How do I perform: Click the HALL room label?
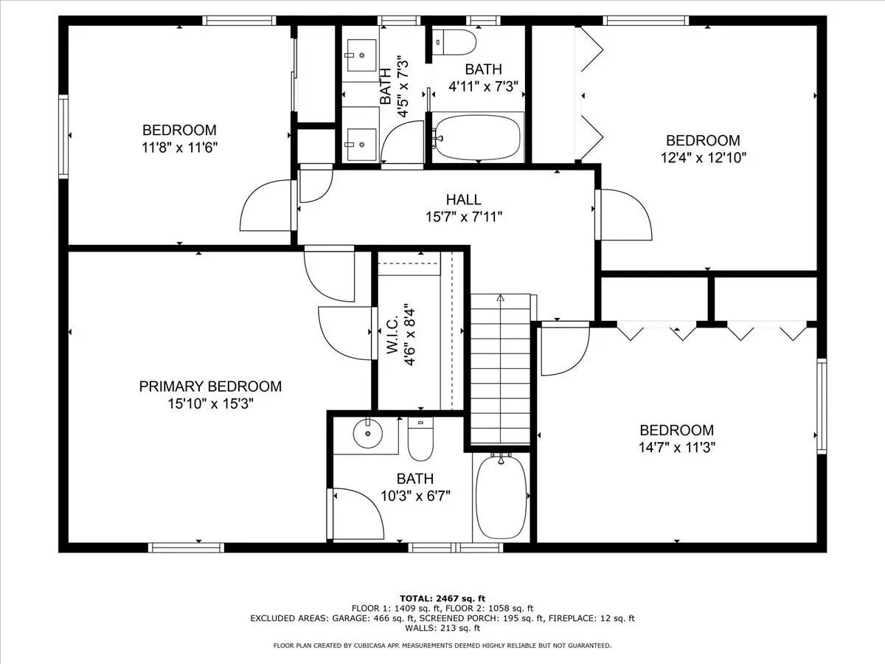click(x=463, y=199)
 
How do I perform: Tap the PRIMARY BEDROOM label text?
click(x=210, y=386)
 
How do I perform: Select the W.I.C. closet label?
click(x=392, y=335)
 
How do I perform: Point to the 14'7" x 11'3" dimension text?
click(x=677, y=448)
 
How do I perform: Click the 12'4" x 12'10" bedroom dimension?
click(x=703, y=158)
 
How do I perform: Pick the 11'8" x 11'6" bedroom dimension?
click(x=179, y=148)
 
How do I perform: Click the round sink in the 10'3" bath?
click(x=367, y=434)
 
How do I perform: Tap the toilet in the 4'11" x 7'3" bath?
click(x=454, y=42)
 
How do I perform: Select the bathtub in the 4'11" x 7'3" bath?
click(x=478, y=137)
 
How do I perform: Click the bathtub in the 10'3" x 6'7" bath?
click(x=502, y=497)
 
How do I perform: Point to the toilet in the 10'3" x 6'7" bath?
click(x=420, y=439)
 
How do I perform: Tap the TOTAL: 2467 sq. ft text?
click(x=442, y=598)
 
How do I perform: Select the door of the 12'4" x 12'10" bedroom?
click(x=624, y=215)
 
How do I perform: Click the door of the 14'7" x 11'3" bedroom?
click(x=565, y=349)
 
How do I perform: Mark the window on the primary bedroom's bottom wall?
click(x=186, y=547)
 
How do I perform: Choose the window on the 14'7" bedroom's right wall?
click(x=822, y=406)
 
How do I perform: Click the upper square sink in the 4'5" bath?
click(x=361, y=55)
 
